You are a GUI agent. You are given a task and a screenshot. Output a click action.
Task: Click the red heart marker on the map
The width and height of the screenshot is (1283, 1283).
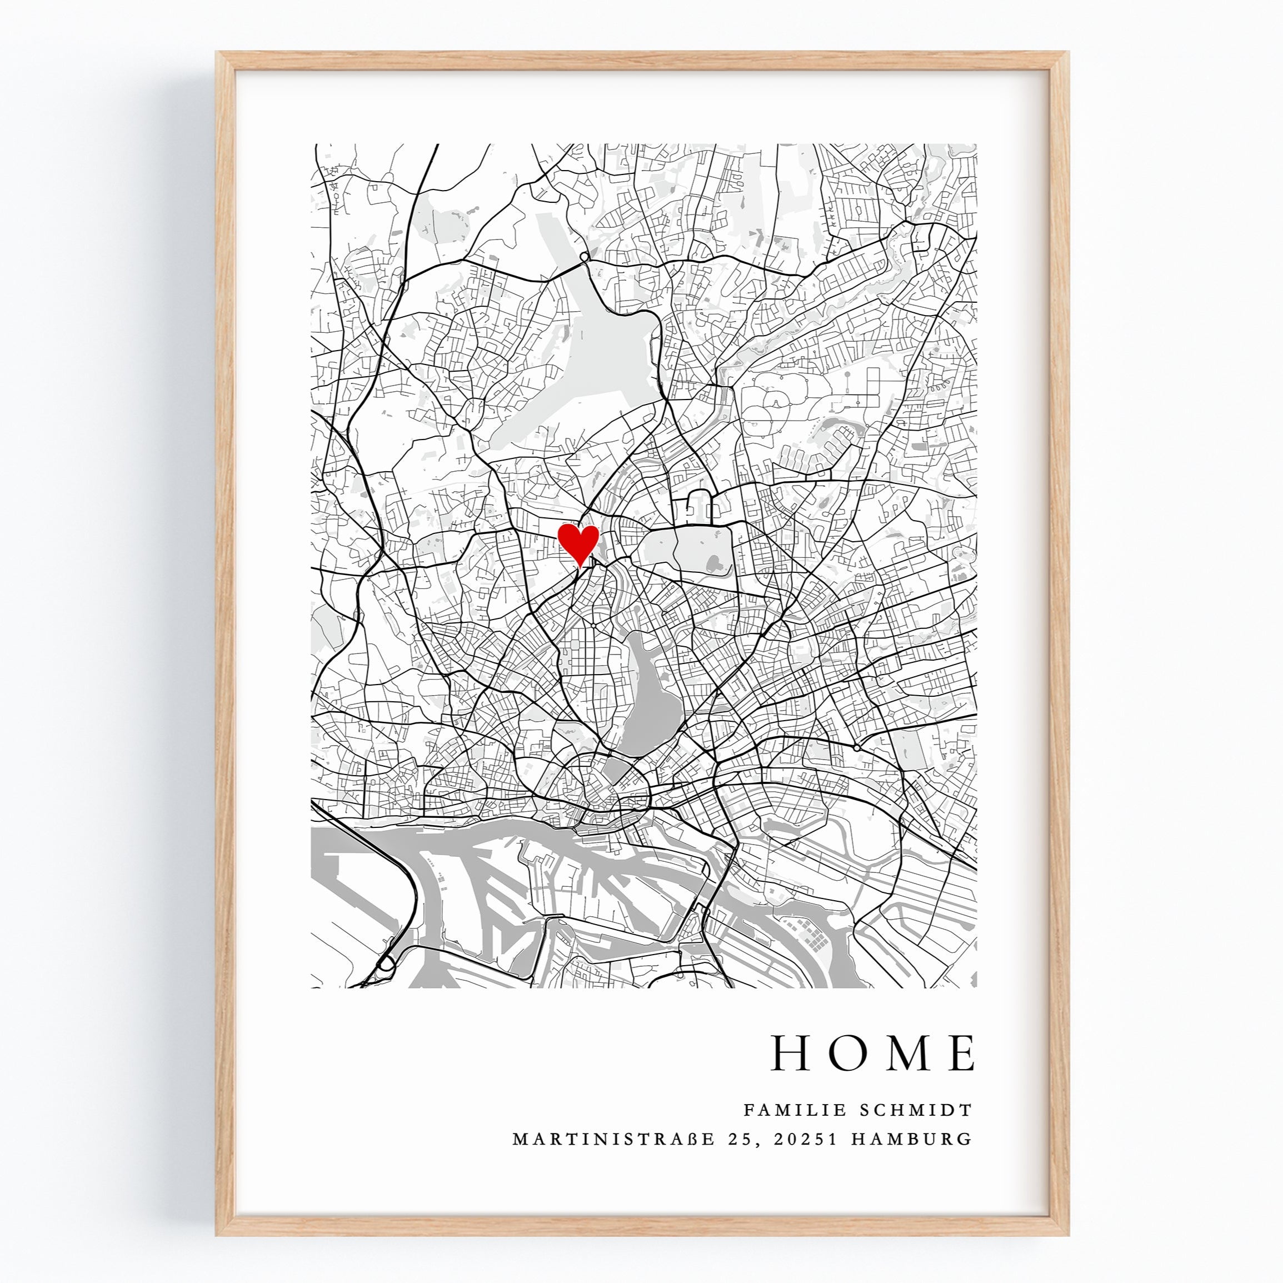coord(578,542)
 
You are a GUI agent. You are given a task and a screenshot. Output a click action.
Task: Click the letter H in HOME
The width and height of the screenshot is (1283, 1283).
coord(792,1053)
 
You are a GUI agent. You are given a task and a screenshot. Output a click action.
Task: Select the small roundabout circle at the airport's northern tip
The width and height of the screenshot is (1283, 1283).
coord(584,256)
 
